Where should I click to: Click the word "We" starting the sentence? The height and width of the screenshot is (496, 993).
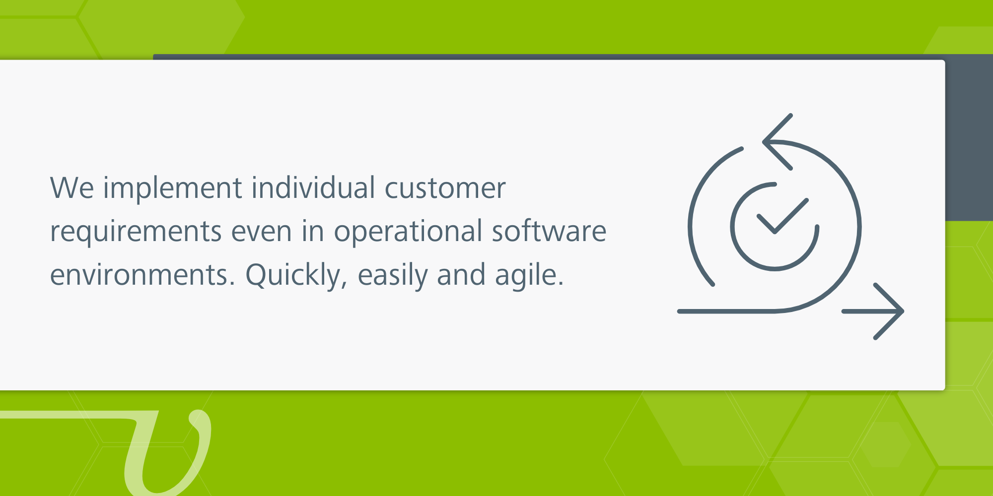pyautogui.click(x=72, y=188)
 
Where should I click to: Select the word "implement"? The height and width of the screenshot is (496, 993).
pyautogui.click(x=173, y=189)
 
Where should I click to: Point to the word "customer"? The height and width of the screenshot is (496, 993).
pyautogui.click(x=445, y=189)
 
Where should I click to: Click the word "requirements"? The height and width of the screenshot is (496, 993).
pyautogui.click(x=136, y=232)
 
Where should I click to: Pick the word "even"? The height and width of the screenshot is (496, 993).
pyautogui.click(x=261, y=232)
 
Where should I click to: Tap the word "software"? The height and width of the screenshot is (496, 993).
pyautogui.click(x=549, y=231)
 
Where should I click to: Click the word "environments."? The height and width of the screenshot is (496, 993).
pyautogui.click(x=142, y=275)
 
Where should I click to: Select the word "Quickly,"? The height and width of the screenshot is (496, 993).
pyautogui.click(x=296, y=276)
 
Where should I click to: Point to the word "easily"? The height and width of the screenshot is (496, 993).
pyautogui.click(x=392, y=276)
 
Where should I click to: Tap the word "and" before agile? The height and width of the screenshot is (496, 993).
pyautogui.click(x=461, y=275)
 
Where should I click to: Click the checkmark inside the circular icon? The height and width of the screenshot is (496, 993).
pyautogui.click(x=782, y=216)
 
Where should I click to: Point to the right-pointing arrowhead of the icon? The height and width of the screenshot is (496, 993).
pyautogui.click(x=889, y=311)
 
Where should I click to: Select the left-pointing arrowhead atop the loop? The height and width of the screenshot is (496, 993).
pyautogui.click(x=778, y=142)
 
